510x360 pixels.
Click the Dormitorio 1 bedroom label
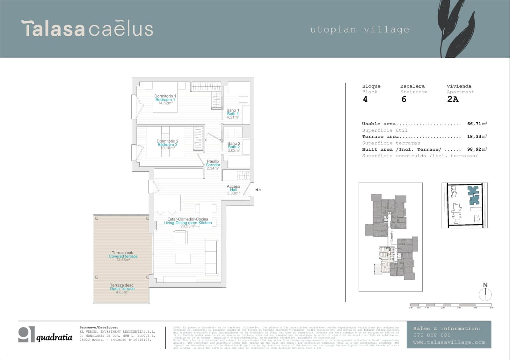coord(165,96)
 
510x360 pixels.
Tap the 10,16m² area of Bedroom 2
coord(167,148)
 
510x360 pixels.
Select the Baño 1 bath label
coord(233,110)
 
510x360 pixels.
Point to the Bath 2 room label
coord(234,147)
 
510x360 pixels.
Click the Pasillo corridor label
coord(213,162)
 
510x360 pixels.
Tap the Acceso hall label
coord(233,187)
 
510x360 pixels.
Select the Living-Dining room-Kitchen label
coord(188,223)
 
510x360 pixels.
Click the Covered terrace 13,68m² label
coord(123,256)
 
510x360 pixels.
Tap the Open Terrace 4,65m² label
coord(122,289)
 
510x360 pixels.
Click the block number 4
coord(365,99)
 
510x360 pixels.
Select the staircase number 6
coord(404,99)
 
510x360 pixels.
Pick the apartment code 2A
coord(453,99)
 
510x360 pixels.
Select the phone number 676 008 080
coord(432,335)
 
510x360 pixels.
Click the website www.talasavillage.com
coord(449,342)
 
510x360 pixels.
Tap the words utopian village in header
coord(360,30)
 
